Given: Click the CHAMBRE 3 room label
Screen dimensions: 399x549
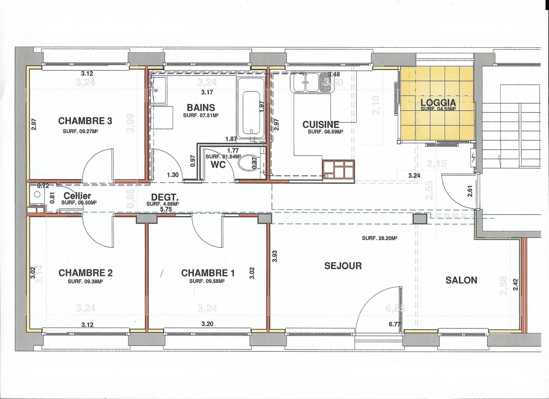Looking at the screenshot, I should [x=85, y=121].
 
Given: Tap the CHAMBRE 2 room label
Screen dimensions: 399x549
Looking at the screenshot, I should [x=85, y=273].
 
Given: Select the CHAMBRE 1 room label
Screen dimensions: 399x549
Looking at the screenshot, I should [x=208, y=273].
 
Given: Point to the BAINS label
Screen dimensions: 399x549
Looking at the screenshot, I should [x=201, y=108].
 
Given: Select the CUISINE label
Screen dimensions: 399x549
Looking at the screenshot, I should [x=321, y=125].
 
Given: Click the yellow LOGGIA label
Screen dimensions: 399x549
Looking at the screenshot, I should [x=438, y=103].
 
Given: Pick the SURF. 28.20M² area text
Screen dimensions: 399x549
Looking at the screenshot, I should [x=379, y=238].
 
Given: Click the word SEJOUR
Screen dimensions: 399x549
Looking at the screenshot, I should [x=343, y=266].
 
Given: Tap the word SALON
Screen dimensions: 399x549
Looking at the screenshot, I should [x=461, y=280].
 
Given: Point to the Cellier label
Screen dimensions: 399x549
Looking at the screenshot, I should [x=77, y=196].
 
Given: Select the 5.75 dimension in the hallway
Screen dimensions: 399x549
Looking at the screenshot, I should [x=166, y=209].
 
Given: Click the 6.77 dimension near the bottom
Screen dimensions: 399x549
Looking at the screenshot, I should [x=394, y=324].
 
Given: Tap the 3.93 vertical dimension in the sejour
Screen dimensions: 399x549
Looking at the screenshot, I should [x=274, y=256].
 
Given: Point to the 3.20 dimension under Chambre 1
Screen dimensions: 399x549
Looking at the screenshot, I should [x=207, y=324].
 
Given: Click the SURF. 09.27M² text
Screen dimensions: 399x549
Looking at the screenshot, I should [x=82, y=132].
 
